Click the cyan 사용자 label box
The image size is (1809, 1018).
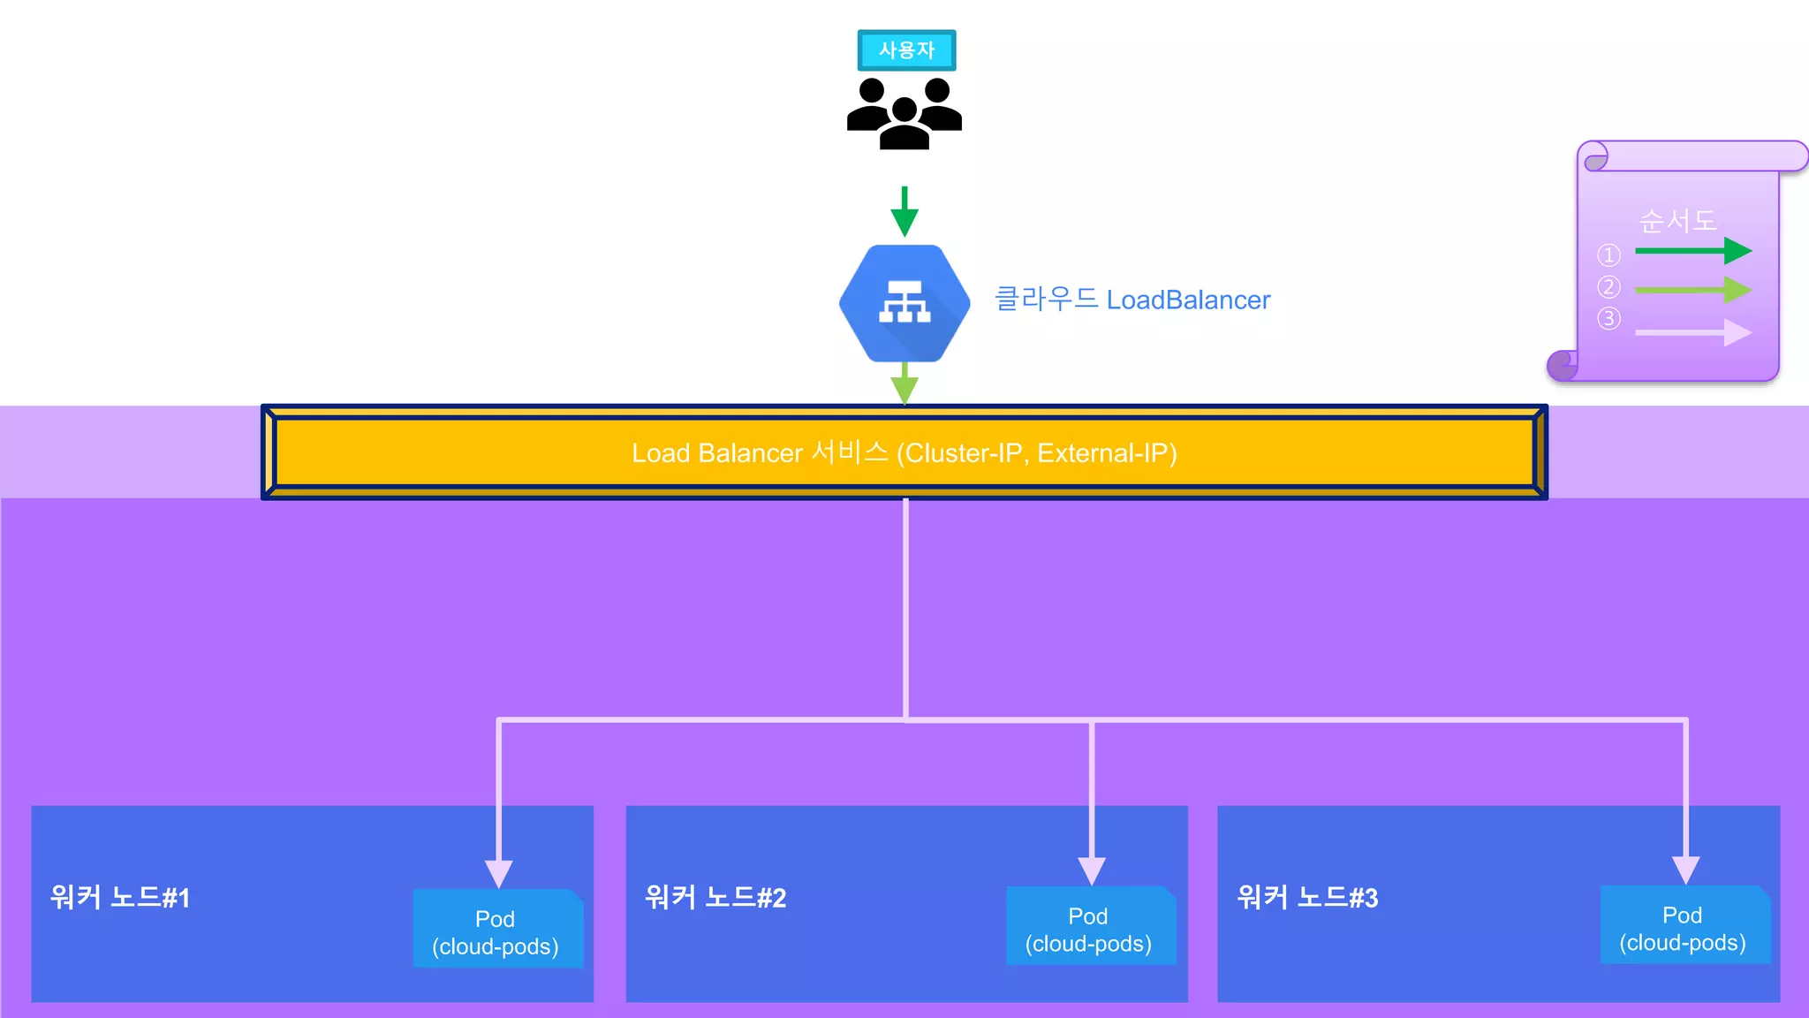pyautogui.click(x=906, y=50)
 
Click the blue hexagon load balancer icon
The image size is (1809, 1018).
pyautogui.click(x=904, y=303)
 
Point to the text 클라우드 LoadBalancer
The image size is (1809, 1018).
pyautogui.click(x=1132, y=300)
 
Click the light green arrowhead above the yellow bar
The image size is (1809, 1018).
pyautogui.click(x=904, y=389)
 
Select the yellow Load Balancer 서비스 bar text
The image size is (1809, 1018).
pyautogui.click(x=904, y=452)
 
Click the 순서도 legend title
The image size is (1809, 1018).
pyautogui.click(x=1677, y=220)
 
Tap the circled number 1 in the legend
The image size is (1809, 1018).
pyautogui.click(x=1608, y=255)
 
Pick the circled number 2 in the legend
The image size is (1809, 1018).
pyautogui.click(x=1608, y=287)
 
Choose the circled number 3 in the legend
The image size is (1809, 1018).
pyautogui.click(x=1608, y=318)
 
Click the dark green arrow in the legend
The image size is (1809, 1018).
pyautogui.click(x=1692, y=251)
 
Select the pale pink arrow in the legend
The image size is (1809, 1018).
pyautogui.click(x=1692, y=333)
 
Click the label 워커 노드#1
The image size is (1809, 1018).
pyautogui.click(x=120, y=898)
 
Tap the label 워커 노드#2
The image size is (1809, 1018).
pyautogui.click(x=715, y=898)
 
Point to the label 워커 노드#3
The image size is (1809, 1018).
pyautogui.click(x=1307, y=898)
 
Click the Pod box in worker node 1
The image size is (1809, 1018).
pyautogui.click(x=497, y=930)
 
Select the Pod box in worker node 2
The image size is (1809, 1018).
pyautogui.click(x=1090, y=927)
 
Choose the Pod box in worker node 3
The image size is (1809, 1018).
pyautogui.click(x=1684, y=926)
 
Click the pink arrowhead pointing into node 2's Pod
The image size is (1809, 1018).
pyautogui.click(x=1092, y=870)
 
